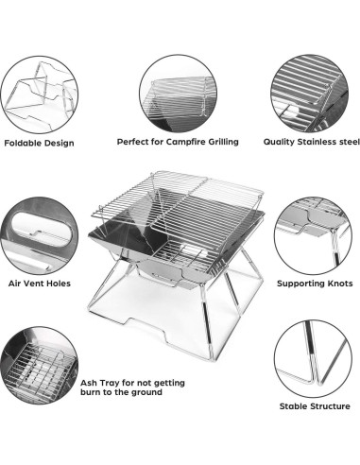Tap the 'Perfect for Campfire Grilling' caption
tap(177, 142)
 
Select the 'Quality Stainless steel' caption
tap(311, 142)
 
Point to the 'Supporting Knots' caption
tap(314, 282)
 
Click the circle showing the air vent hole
tap(40, 232)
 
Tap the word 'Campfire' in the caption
tap(183, 142)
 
